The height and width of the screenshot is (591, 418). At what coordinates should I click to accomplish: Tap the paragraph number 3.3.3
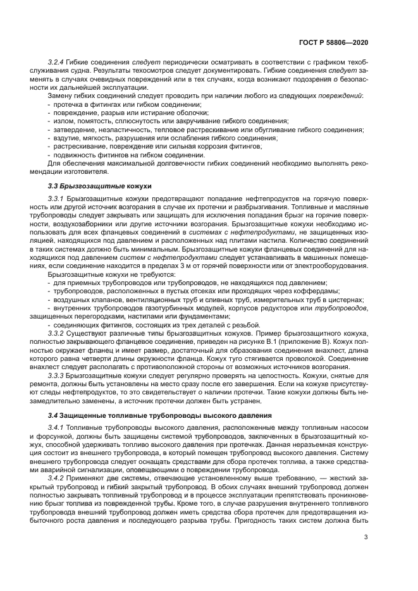(58, 375)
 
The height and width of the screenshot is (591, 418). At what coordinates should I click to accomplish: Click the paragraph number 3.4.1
(58, 429)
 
